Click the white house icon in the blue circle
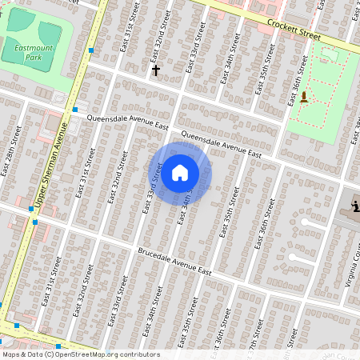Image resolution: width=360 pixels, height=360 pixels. point(180,173)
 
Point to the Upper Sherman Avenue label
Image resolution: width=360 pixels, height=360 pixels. point(49,168)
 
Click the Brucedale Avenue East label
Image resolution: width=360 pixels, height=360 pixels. point(174,263)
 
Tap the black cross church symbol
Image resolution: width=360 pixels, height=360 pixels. point(156,70)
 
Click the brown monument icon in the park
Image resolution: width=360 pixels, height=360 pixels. point(304,98)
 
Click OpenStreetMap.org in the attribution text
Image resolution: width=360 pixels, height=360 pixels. point(90,354)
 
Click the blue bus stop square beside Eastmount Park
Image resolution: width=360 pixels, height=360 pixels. point(92,50)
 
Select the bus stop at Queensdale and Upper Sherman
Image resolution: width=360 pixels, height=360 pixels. point(74,109)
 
